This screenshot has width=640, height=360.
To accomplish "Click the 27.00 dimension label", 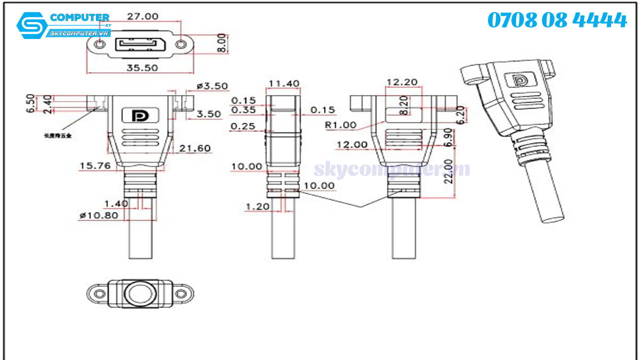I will [x=142, y=16].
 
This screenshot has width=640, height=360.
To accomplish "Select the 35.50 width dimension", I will [x=142, y=67].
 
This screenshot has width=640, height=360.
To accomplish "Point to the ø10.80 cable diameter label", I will [x=98, y=215].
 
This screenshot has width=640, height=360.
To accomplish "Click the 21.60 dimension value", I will [x=195, y=148].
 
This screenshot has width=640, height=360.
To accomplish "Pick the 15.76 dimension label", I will [x=95, y=165].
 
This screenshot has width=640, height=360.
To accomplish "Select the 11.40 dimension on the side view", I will [x=284, y=83].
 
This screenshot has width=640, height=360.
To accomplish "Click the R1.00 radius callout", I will [x=340, y=125].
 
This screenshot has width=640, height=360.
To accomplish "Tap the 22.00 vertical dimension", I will [x=449, y=171].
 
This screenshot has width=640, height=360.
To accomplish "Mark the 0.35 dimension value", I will [x=243, y=110].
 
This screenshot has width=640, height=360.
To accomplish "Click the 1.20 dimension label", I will [x=257, y=206].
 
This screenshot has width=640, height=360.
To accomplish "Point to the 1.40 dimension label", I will [x=115, y=203].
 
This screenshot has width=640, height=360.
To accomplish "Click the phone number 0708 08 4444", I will [x=556, y=20].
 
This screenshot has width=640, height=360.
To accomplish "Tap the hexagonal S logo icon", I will [x=31, y=25].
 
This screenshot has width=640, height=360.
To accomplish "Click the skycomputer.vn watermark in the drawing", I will [x=391, y=169].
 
